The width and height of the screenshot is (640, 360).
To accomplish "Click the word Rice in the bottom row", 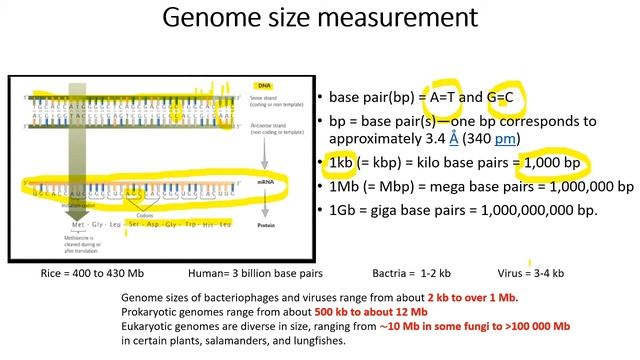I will pyautogui.click(x=53, y=273).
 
